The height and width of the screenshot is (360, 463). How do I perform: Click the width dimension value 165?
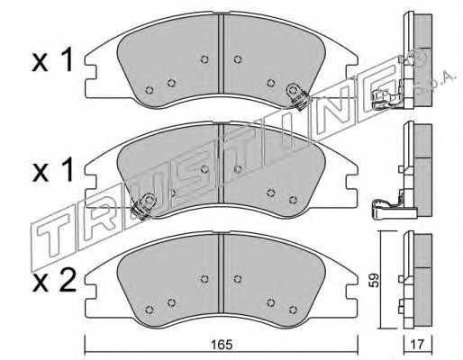click(222, 344)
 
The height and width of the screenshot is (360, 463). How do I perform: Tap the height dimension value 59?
click(375, 280)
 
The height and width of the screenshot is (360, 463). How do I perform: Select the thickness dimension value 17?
click(417, 344)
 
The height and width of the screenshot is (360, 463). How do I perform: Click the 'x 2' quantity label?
click(54, 282)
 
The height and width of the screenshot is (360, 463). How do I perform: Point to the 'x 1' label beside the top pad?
click(52, 61)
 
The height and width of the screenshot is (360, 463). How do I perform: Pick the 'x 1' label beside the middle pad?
click(53, 171)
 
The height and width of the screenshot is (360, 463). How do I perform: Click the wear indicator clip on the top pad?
click(297, 95)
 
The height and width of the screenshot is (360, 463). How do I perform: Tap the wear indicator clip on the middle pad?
click(143, 206)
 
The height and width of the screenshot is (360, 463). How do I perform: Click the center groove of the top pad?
click(222, 53)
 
